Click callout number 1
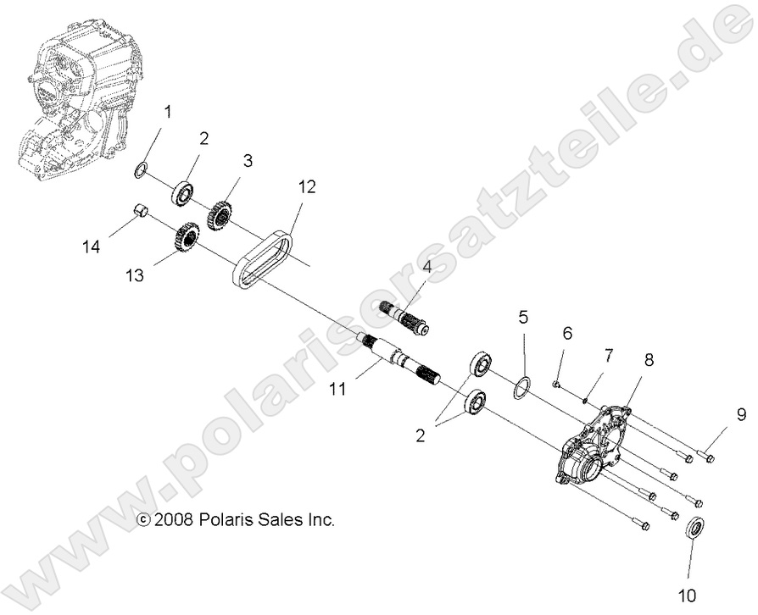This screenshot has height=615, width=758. click(x=167, y=112)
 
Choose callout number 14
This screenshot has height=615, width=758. click(x=92, y=247)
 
